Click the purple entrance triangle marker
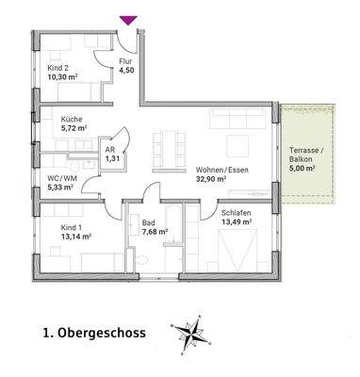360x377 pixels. pyautogui.click(x=129, y=19)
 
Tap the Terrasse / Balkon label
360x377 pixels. pyautogui.click(x=306, y=156)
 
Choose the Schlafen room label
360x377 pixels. pyautogui.click(x=236, y=213)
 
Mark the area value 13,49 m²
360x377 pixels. pyautogui.click(x=238, y=223)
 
